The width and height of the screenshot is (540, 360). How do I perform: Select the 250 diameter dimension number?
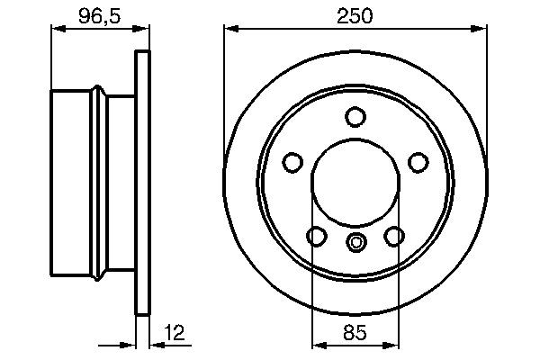[x=355, y=15]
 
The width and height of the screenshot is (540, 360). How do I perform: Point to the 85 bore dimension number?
[x=355, y=333]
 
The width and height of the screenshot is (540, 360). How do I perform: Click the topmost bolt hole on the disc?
[x=355, y=117]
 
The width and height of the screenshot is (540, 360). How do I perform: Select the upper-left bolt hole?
[x=292, y=162]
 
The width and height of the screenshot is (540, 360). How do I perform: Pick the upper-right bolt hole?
[x=418, y=162]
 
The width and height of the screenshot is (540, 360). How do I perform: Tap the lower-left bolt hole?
[x=317, y=236]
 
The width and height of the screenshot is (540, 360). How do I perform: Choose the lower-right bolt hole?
[x=394, y=236]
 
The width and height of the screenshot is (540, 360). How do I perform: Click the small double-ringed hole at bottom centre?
[x=355, y=240]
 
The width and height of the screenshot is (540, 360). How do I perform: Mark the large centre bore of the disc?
[x=355, y=184]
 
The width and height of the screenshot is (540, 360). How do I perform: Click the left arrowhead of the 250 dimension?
[x=229, y=31]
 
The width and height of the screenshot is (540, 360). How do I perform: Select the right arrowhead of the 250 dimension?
[x=481, y=31]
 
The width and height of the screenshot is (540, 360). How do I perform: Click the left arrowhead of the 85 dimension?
[x=317, y=344]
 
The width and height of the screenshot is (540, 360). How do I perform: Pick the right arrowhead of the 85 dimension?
[x=394, y=344]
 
